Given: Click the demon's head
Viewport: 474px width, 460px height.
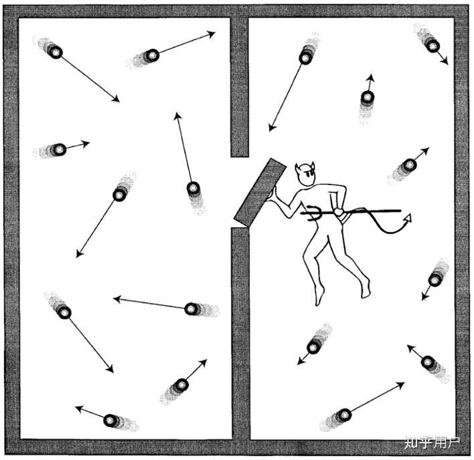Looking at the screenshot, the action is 306,175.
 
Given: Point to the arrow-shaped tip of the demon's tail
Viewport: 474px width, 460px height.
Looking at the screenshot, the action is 407,218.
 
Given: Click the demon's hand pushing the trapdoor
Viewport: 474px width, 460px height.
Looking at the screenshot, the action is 276,194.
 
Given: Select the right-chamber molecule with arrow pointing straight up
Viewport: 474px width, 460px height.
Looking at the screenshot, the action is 367,98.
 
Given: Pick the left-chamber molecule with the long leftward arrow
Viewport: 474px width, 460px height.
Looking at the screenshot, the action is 191,308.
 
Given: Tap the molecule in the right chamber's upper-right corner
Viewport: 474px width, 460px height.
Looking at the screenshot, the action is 432,45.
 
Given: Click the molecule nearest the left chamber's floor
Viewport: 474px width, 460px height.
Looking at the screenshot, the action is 110,420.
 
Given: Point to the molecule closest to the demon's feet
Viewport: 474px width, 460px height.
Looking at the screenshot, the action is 313,346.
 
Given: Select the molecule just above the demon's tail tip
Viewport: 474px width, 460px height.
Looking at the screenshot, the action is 409,164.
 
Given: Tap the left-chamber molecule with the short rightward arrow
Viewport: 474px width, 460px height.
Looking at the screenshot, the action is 60,148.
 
